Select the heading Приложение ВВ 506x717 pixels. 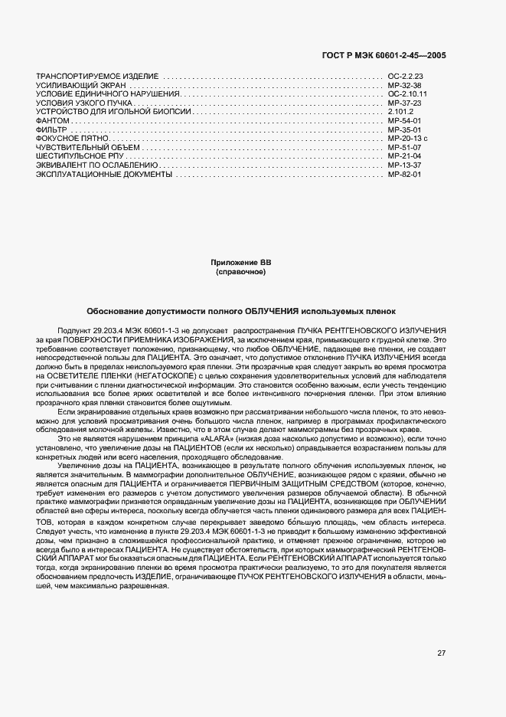point(240,263)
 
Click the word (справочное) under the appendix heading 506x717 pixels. point(240,272)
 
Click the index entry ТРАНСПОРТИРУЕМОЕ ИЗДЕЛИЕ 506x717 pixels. point(97,77)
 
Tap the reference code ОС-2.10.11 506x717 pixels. point(406,94)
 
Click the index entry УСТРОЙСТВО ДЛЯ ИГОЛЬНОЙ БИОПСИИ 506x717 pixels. point(113,112)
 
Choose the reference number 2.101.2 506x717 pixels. point(400,112)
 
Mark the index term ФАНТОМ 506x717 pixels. point(53,121)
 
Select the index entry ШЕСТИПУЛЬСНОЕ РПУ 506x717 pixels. point(80,156)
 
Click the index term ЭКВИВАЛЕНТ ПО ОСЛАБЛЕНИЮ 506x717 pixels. point(97,165)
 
